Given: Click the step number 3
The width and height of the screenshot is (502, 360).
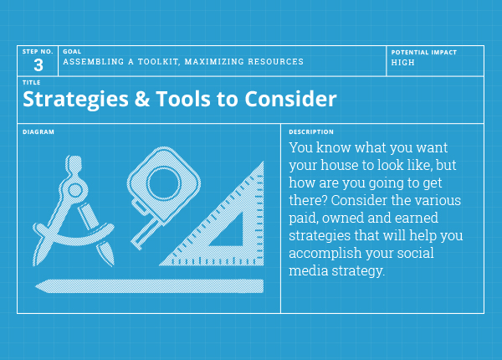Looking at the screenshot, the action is (x=38, y=65).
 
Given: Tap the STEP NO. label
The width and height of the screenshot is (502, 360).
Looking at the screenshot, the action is (x=38, y=52).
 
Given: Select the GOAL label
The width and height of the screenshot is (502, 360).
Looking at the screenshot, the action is (x=72, y=52).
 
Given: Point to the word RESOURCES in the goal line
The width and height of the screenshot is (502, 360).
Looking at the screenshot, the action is (x=275, y=61).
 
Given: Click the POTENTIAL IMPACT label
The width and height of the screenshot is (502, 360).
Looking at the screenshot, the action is (x=424, y=53).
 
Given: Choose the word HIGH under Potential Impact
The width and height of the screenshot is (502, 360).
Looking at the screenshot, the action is (x=402, y=63).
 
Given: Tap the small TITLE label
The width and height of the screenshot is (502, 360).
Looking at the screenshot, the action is (x=32, y=83).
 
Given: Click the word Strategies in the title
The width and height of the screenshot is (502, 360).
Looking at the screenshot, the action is (x=75, y=100).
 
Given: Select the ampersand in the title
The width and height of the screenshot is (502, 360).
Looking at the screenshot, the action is (x=142, y=99).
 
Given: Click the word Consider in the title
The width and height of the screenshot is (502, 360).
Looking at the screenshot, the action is (x=290, y=99).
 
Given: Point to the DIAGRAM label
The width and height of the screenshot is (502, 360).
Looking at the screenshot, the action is (x=38, y=132).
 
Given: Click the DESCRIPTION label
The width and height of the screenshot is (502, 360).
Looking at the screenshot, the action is (x=311, y=132).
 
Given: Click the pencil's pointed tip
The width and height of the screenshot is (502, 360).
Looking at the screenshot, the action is (x=36, y=286).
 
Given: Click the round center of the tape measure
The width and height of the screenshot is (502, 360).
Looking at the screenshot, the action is (x=164, y=183).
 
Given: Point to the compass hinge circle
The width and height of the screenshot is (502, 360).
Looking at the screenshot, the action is (x=75, y=190).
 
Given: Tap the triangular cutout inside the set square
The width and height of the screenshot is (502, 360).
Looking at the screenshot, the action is (x=229, y=231).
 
